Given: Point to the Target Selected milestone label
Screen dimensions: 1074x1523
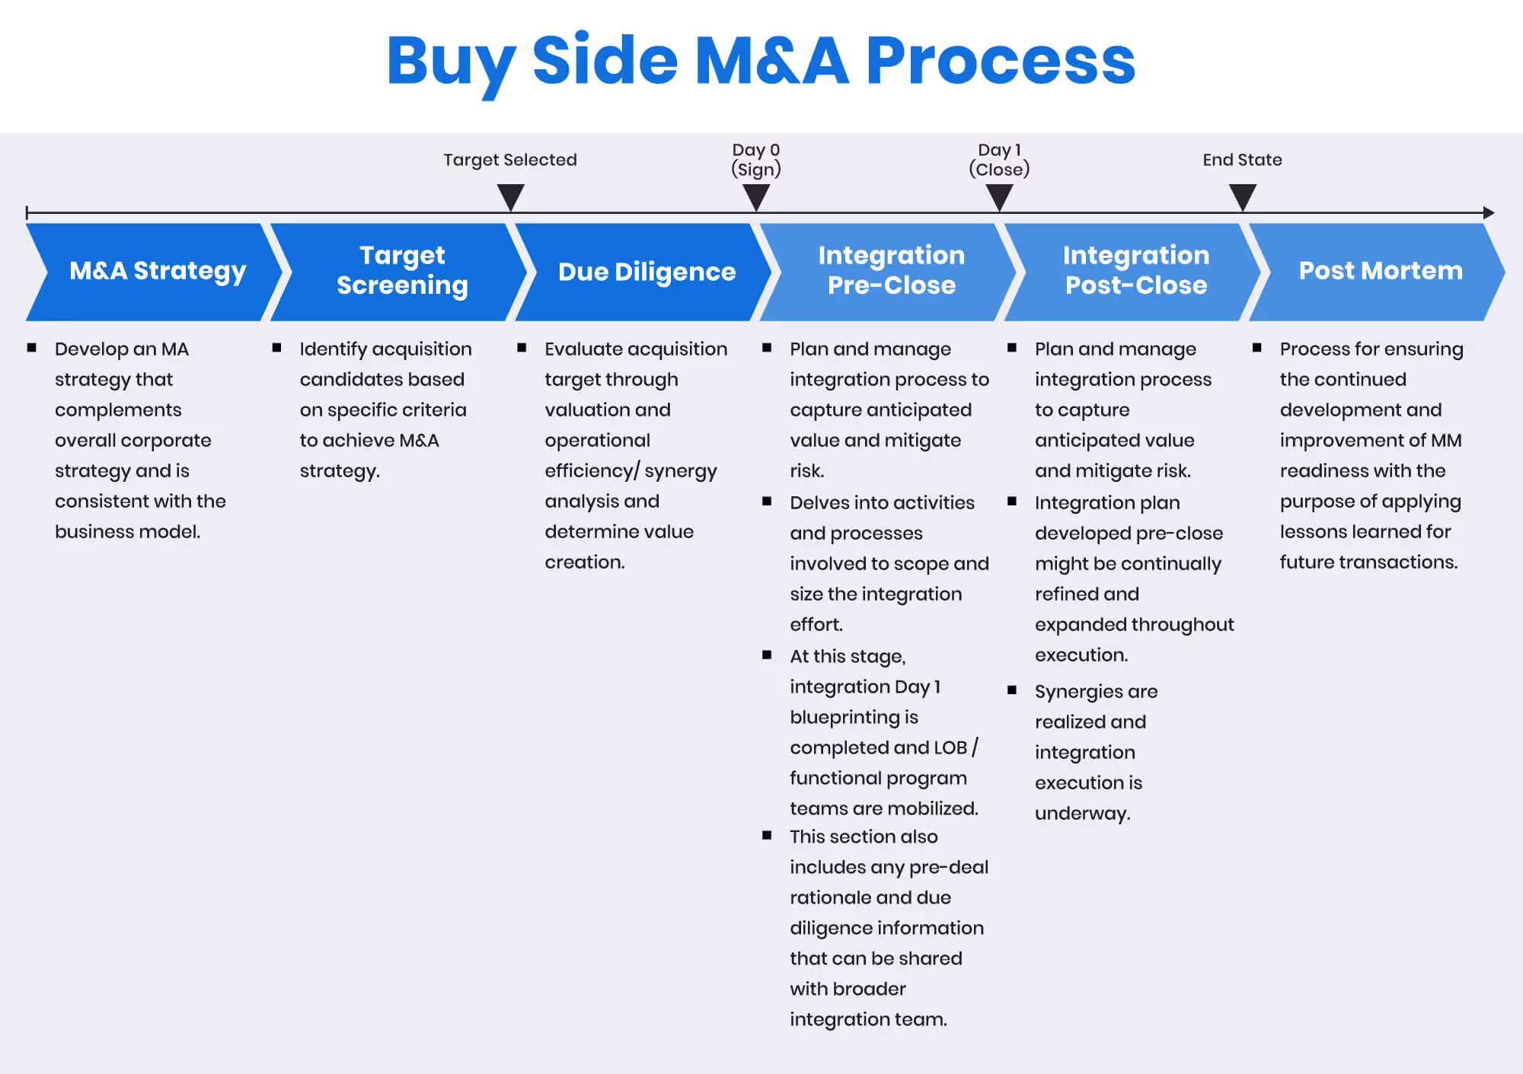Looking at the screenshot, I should [x=510, y=160].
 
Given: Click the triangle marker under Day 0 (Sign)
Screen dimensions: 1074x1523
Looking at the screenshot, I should [x=756, y=196].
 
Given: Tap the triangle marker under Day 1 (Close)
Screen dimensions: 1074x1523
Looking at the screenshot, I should [x=999, y=196].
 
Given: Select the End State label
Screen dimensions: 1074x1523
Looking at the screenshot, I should [x=1242, y=160].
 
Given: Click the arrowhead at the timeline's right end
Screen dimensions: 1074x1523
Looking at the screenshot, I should [x=1489, y=213].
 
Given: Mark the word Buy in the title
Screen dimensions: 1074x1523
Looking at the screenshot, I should [x=451, y=61].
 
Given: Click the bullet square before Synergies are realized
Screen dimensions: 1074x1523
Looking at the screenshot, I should [x=1012, y=690].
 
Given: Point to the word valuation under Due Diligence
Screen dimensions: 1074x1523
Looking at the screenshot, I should [x=587, y=410].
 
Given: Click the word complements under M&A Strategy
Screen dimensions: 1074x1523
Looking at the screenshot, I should [x=118, y=410].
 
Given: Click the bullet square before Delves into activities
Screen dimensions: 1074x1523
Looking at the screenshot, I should [x=767, y=502].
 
